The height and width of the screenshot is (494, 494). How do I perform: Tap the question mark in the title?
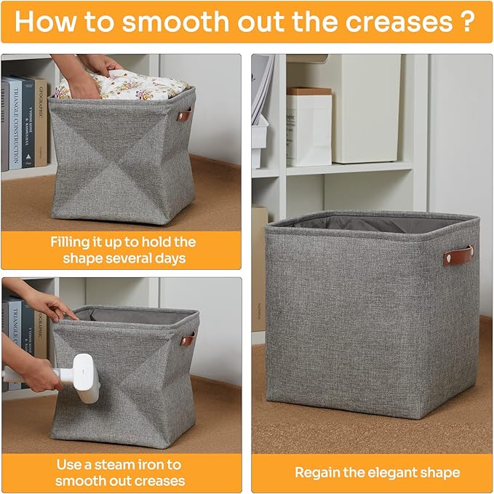pyautogui.click(x=468, y=21)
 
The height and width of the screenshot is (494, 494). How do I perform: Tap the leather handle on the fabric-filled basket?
pyautogui.click(x=186, y=114)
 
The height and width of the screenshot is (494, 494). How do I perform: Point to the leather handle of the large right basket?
pyautogui.click(x=458, y=255)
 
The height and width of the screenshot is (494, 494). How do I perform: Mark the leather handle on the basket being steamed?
pyautogui.click(x=187, y=339)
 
